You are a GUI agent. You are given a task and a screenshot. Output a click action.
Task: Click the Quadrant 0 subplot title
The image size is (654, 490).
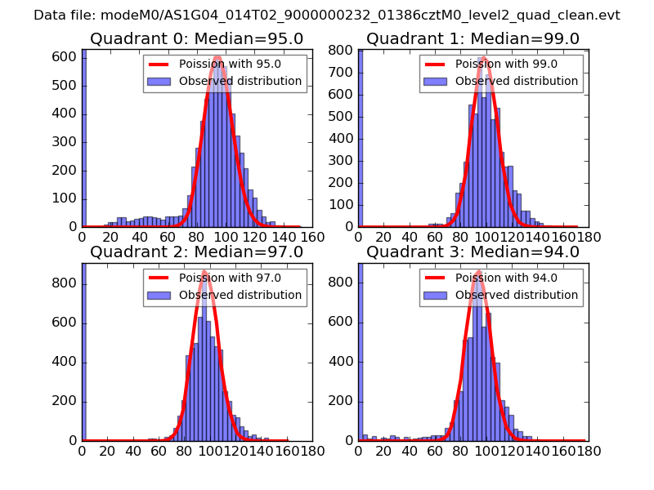(196, 39)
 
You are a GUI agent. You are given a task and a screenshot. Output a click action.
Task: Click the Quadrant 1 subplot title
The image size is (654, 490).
(473, 39)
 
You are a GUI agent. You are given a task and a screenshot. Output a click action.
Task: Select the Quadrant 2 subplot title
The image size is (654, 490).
(196, 252)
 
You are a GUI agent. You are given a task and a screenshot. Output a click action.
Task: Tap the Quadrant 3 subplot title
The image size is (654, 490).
(473, 252)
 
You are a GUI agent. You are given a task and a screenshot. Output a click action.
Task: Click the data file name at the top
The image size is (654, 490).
(327, 16)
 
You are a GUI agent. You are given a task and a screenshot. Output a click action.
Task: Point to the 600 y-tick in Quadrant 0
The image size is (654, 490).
(65, 57)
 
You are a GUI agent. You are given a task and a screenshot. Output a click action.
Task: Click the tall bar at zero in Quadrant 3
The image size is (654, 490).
(361, 351)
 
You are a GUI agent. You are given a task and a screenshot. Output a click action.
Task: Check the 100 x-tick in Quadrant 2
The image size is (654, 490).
(209, 451)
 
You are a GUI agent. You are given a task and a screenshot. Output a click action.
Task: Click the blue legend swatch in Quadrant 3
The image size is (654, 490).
(437, 295)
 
